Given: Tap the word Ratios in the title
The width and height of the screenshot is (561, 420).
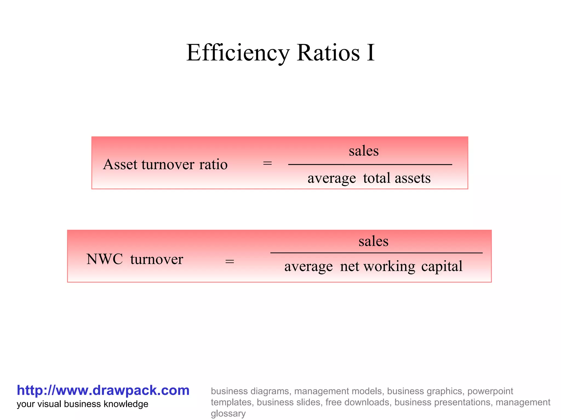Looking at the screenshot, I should (328, 53).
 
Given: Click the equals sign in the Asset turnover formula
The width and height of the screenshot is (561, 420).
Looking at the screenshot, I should (267, 164).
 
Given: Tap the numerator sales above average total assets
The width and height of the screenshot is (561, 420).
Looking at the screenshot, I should (363, 151).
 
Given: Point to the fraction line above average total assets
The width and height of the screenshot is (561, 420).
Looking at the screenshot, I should (370, 165).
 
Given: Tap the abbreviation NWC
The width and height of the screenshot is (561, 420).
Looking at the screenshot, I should (105, 259).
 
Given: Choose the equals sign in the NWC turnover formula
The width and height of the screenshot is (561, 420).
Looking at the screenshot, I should (230, 261).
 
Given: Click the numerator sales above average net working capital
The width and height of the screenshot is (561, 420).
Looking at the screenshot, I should (373, 241).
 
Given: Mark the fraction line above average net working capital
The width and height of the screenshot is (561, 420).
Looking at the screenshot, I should (376, 253).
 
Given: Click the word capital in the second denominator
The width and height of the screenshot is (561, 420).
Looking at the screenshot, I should (442, 266).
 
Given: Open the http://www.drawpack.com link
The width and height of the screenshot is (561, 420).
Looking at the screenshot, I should (103, 390).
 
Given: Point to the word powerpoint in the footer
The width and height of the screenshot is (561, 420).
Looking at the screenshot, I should (490, 391).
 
